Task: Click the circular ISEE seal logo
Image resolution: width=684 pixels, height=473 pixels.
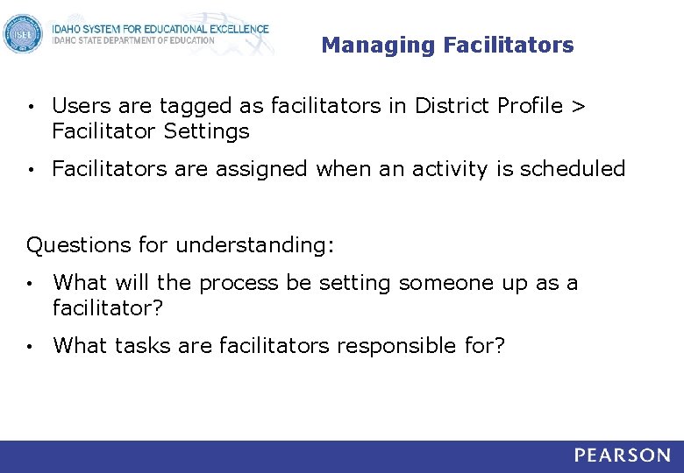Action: [23, 34]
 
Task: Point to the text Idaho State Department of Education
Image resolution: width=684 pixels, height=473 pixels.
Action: [132, 40]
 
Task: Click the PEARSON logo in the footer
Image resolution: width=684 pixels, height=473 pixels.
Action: [623, 455]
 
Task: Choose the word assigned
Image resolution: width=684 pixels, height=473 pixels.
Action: [260, 169]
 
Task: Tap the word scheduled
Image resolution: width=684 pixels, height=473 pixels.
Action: [573, 169]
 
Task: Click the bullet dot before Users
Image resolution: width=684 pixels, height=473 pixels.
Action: [31, 108]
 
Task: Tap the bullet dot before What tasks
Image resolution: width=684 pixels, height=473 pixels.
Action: [31, 347]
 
